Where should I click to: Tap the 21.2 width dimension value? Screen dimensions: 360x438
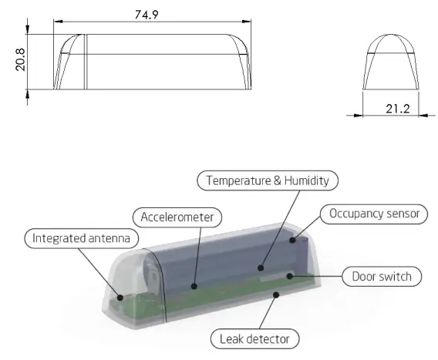(397, 109)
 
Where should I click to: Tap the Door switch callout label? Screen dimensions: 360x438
(381, 276)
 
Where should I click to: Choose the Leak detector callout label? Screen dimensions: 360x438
(254, 338)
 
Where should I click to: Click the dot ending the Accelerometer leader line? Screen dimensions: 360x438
(195, 285)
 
